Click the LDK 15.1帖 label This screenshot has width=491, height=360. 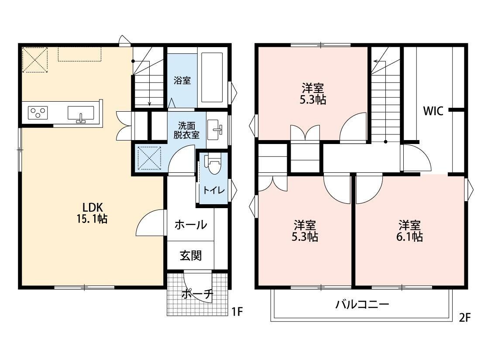click(x=92, y=213)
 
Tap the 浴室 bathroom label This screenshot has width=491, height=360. click(x=182, y=80)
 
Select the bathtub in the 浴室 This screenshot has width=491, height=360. click(x=212, y=77)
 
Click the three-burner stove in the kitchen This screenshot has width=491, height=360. click(x=38, y=113)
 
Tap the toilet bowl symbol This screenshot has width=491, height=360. click(x=213, y=163)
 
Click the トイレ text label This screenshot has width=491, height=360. click(x=214, y=190)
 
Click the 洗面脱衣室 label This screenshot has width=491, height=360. click(x=187, y=130)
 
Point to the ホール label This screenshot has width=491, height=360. click(x=191, y=224)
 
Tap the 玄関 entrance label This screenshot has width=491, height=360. click(x=191, y=256)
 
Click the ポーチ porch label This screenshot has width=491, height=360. click(x=197, y=294)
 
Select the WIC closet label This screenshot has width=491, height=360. click(x=433, y=111)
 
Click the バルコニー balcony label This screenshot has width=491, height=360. click(x=362, y=304)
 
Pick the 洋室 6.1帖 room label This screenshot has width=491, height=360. click(x=409, y=231)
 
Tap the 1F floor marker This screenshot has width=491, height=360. click(x=237, y=312)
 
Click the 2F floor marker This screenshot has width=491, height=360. click(x=465, y=317)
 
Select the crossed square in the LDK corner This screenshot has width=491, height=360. click(x=35, y=60)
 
